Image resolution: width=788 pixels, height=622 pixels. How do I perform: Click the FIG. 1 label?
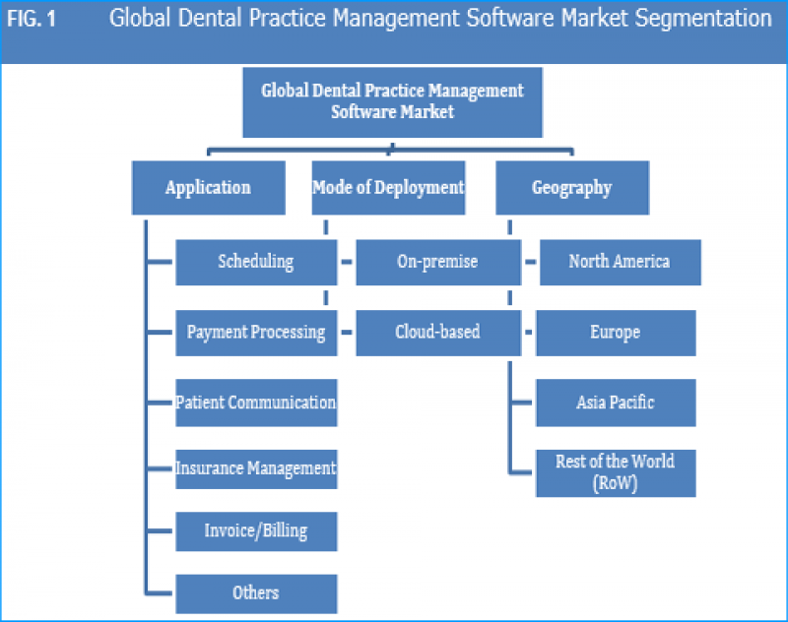click(34, 19)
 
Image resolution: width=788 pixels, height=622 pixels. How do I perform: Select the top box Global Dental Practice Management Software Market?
click(392, 101)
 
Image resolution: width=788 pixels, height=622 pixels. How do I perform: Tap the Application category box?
click(208, 187)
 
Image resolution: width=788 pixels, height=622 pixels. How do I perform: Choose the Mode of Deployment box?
click(388, 187)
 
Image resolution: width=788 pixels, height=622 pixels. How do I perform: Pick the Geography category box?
click(571, 187)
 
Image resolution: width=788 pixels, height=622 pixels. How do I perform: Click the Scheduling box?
click(256, 262)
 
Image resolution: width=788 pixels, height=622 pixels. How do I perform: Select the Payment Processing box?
click(256, 333)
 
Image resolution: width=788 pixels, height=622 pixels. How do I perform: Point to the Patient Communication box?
click(256, 403)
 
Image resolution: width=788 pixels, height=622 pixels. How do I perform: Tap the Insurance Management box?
click(256, 468)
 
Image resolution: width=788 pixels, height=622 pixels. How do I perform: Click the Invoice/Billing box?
click(256, 531)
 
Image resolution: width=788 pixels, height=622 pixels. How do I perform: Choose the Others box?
click(256, 593)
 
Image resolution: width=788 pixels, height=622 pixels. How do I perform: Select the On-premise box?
click(437, 262)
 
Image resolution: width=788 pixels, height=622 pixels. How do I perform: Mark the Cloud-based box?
click(437, 333)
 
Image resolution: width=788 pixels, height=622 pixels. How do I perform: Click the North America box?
click(620, 262)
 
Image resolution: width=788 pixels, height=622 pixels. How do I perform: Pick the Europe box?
click(616, 333)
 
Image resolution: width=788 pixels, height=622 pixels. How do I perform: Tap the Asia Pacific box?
click(616, 403)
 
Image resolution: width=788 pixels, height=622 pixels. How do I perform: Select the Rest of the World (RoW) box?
click(616, 472)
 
